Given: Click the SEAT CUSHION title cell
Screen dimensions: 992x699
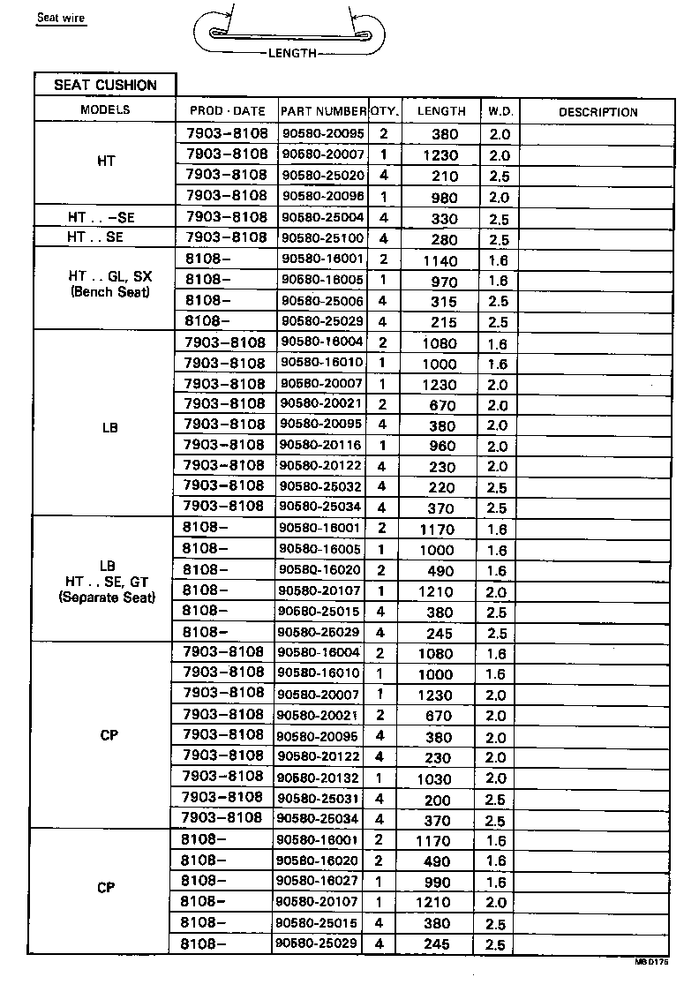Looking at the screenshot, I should [105, 86].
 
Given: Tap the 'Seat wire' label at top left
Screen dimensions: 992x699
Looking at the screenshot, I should [61, 18].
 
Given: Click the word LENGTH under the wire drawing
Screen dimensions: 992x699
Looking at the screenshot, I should [291, 54].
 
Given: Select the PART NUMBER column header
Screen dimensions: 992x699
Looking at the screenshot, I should [323, 111].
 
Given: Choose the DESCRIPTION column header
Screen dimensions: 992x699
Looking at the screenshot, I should [598, 112].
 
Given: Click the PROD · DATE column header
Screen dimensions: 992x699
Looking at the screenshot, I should [227, 111].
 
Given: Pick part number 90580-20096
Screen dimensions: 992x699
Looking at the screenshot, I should [322, 196].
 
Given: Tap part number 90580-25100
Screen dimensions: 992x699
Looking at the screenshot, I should [322, 238].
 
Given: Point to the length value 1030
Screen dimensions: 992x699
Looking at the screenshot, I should [433, 779].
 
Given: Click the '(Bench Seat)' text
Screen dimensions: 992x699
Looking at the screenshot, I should [109, 291].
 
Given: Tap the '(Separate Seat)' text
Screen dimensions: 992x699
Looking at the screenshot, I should [107, 597].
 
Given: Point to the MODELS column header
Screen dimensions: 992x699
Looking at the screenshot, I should [105, 110].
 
